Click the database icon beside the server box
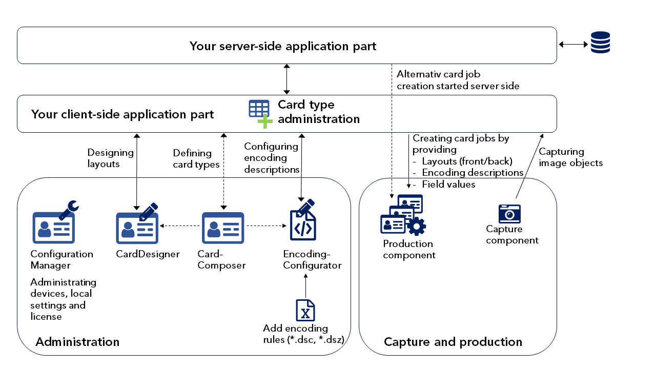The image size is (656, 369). click(x=600, y=43)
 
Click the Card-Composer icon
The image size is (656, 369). click(x=223, y=228)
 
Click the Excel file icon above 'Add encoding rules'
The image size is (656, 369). click(x=305, y=310)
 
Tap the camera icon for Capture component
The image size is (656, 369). click(x=509, y=214)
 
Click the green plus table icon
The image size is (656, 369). click(x=260, y=113)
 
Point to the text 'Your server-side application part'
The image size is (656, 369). click(x=283, y=46)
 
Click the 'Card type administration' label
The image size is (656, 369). click(x=318, y=112)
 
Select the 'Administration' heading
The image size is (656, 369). click(x=77, y=342)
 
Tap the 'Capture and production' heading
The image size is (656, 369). click(x=453, y=342)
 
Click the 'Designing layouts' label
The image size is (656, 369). click(x=110, y=158)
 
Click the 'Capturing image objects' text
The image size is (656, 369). click(x=570, y=157)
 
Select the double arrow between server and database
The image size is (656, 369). click(x=573, y=45)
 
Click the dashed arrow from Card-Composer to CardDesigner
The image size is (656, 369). click(x=179, y=225)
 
